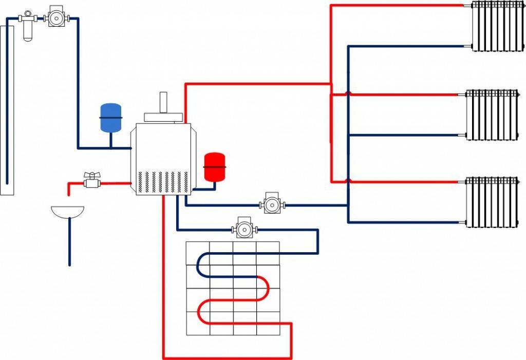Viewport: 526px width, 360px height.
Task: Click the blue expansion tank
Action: pyautogui.click(x=110, y=118)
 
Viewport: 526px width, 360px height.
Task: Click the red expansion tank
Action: pyautogui.click(x=215, y=166)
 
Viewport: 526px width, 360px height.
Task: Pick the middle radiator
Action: pyautogui.click(x=493, y=115)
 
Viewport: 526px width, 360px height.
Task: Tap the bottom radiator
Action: pyautogui.click(x=493, y=202)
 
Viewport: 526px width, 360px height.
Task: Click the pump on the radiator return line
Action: pyautogui.click(x=270, y=204)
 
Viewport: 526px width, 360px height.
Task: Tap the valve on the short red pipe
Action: pyautogui.click(x=91, y=181)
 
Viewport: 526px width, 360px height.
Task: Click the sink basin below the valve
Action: pyautogui.click(x=68, y=211)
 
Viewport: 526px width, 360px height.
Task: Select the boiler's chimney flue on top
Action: pyautogui.click(x=164, y=103)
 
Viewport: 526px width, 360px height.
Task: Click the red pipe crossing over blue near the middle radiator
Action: pyautogui.click(x=348, y=94)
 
